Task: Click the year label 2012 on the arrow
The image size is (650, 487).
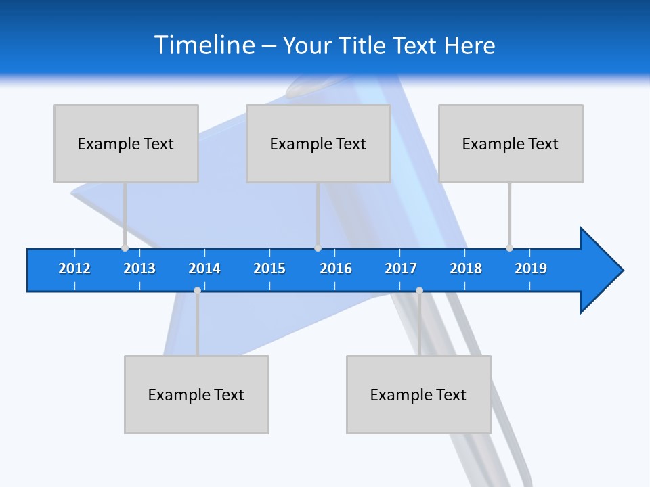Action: coord(74,269)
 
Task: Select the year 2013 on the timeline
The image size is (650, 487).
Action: coord(139,269)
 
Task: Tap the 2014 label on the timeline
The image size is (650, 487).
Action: coord(204,269)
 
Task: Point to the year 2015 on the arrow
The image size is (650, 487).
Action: coord(269,269)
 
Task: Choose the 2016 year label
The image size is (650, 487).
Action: coord(336,269)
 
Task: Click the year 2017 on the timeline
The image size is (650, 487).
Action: coord(401,269)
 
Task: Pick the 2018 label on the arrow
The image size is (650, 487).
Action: coord(466,269)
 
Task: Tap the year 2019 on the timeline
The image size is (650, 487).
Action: coord(531,269)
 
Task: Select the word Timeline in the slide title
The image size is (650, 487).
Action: coord(204,45)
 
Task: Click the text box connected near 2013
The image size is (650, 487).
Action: coord(126,143)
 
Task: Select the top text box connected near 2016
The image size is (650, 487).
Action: coord(318,143)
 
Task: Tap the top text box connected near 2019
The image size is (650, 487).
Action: coord(511,143)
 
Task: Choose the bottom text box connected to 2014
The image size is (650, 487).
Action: coord(196,394)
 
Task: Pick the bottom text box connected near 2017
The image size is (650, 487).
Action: coord(418,394)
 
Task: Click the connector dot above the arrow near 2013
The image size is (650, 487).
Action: coord(125,248)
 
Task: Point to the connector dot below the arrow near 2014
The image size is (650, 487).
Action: coord(197,290)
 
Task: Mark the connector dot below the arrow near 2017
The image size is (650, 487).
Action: coord(419,290)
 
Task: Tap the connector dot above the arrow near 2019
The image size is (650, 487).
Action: coord(509,248)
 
